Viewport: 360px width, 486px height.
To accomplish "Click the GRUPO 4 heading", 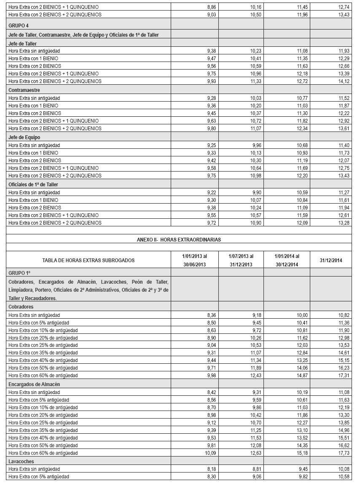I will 16,25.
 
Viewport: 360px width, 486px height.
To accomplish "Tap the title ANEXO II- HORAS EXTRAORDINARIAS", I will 179,239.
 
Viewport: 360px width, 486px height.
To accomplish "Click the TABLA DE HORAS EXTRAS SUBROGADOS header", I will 89,260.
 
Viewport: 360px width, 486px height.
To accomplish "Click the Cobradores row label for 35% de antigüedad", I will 43,353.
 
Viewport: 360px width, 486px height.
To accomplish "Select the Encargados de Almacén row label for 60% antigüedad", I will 43,453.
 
